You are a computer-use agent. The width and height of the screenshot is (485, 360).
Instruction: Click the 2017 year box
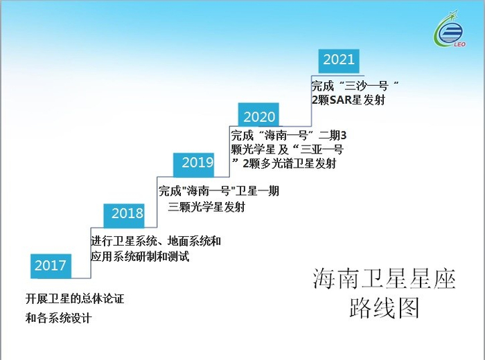pyautogui.click(x=51, y=265)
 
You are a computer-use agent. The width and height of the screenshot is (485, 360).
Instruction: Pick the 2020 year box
pyautogui.click(x=259, y=116)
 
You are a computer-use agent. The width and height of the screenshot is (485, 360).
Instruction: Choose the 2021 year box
pyautogui.click(x=339, y=60)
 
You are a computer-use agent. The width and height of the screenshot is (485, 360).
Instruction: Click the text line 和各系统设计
pyautogui.click(x=59, y=318)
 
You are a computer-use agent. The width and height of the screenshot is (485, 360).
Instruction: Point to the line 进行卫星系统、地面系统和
pyautogui.click(x=156, y=242)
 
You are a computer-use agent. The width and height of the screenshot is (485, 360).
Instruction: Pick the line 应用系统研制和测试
pyautogui.click(x=140, y=256)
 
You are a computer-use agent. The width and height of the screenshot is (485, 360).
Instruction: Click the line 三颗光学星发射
pyautogui.click(x=206, y=206)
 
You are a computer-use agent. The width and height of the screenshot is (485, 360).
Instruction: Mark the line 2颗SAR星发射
pyautogui.click(x=348, y=100)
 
